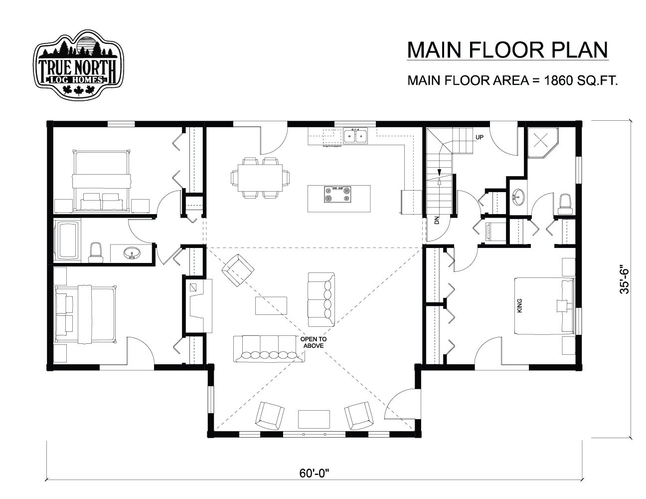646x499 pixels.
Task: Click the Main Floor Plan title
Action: [507, 50]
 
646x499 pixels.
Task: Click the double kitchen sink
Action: [355, 136]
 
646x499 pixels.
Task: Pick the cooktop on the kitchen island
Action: [337, 195]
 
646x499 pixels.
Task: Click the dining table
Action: [260, 178]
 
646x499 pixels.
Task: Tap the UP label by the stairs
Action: [480, 137]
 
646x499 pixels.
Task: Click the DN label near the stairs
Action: [437, 220]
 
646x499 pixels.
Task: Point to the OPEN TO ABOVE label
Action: [314, 342]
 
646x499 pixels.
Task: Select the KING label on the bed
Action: [519, 305]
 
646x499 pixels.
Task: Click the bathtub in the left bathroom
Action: [67, 241]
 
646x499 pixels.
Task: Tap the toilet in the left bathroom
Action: [95, 252]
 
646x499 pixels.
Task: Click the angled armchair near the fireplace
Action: [238, 270]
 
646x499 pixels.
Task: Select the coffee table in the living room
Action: [271, 305]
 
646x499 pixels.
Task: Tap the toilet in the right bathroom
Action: [565, 204]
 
